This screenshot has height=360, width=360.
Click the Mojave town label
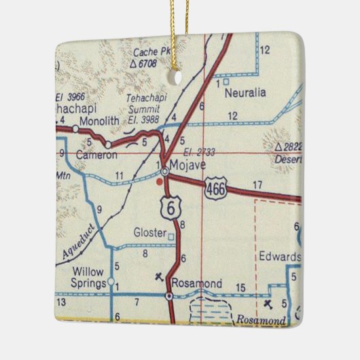point(187,164)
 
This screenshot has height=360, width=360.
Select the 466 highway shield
point(215,190)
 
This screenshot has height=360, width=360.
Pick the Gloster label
point(149,233)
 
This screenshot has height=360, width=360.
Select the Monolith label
point(98,121)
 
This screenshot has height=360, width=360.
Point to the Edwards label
point(278,257)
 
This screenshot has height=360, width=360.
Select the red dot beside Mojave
point(159,181)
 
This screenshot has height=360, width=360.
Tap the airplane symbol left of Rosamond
point(159,276)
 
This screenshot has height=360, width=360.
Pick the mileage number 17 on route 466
point(256,185)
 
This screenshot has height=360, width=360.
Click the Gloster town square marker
point(170,236)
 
